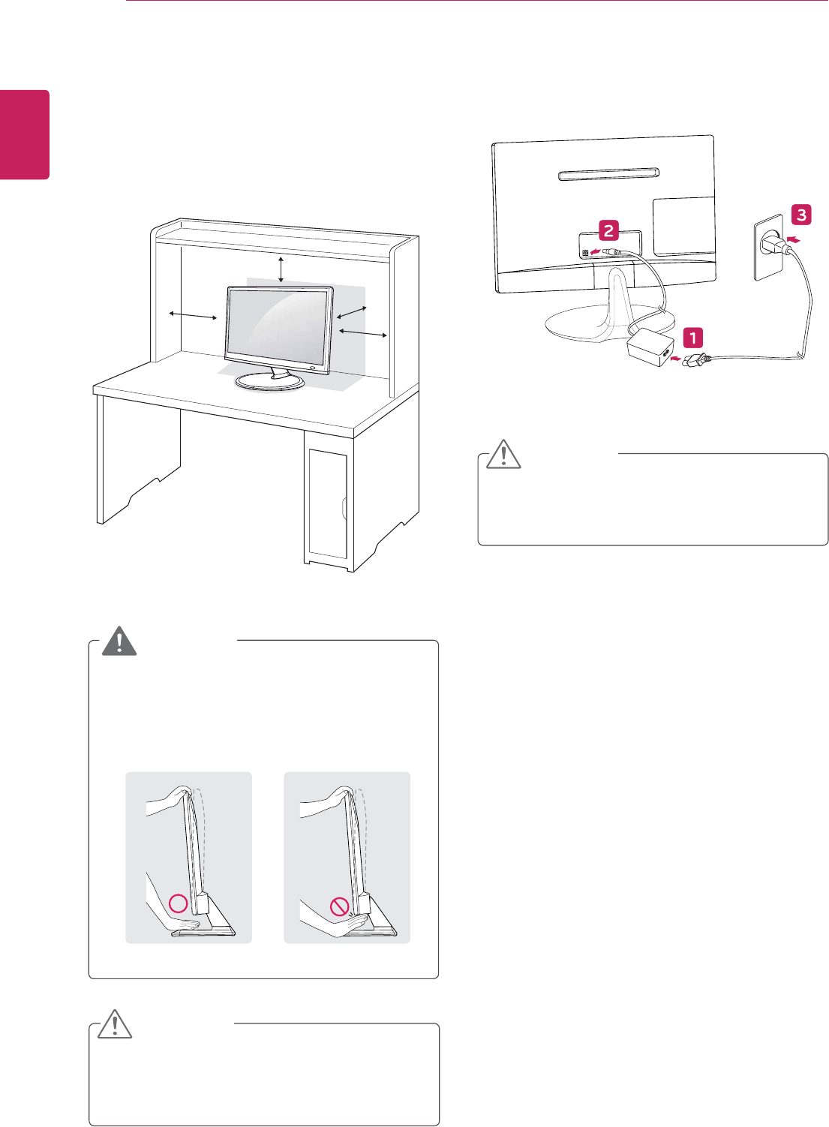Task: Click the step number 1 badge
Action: pyautogui.click(x=692, y=337)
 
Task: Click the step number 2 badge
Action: pyautogui.click(x=608, y=230)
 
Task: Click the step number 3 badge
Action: pyautogui.click(x=801, y=215)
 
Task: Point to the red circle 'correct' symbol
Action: pyautogui.click(x=178, y=903)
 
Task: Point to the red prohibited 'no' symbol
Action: pyautogui.click(x=340, y=907)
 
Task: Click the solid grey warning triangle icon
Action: pyautogui.click(x=119, y=641)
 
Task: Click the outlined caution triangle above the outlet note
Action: pyautogui.click(x=503, y=455)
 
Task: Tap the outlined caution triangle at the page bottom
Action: pyautogui.click(x=115, y=1025)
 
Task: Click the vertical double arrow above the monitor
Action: pyautogui.click(x=281, y=269)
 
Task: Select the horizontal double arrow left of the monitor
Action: pyautogui.click(x=193, y=316)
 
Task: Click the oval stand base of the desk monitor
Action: pyautogui.click(x=270, y=382)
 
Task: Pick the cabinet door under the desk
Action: pyautogui.click(x=327, y=503)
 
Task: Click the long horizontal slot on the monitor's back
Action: pyautogui.click(x=608, y=175)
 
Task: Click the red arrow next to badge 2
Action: pyautogui.click(x=595, y=251)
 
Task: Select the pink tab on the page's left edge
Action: pyautogui.click(x=25, y=134)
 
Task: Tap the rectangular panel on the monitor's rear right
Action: pyautogui.click(x=683, y=226)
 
